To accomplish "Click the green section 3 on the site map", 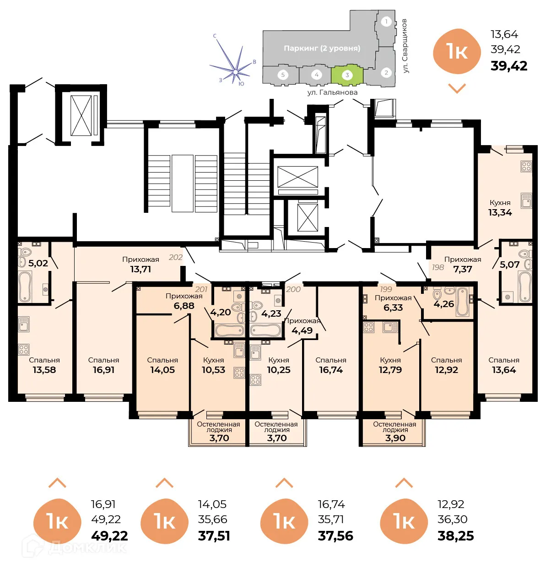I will tap(347, 76).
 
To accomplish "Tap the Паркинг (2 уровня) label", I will tap(322, 49).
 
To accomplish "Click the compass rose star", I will tap(235, 71).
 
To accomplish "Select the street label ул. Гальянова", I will tap(332, 92).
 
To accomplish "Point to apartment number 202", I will tap(176, 257).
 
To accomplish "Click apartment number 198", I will tap(438, 267).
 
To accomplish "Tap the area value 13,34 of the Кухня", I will tap(500, 212).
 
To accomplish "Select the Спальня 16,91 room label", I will tap(103, 365).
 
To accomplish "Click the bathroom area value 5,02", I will tap(38, 263).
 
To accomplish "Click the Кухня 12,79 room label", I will tap(390, 365).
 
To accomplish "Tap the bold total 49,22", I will tap(109, 535).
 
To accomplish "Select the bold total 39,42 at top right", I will tap(509, 66).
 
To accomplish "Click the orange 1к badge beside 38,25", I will tap(404, 521).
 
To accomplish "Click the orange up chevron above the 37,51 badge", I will tap(164, 483).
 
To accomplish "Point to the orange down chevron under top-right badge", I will tap(457, 88).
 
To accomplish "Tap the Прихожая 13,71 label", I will tap(140, 264).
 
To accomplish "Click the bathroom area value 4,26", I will tap(443, 304).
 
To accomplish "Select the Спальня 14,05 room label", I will tap(162, 365).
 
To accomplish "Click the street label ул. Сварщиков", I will tap(405, 46).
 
